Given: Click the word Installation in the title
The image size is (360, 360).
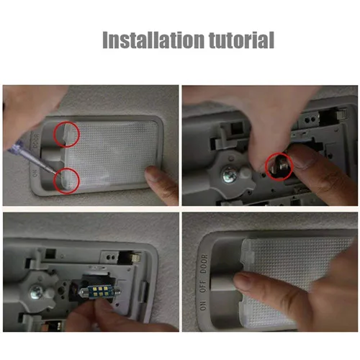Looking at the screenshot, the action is coord(153,40).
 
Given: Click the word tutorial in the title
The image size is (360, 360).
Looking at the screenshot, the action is coord(241,40).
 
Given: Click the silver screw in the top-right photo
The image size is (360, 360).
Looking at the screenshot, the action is coord(230,174).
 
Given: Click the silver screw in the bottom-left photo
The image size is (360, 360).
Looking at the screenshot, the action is coord(37,292).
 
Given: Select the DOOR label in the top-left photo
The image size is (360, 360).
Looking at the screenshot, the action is coord(36,141).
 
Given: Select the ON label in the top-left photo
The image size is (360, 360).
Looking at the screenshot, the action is coord(35,173).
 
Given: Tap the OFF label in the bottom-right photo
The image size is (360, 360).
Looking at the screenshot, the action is coord(203,286).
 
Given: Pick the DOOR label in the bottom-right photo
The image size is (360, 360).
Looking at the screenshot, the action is coord(204,264).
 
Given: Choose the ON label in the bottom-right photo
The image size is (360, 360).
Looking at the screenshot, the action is coord(203,305).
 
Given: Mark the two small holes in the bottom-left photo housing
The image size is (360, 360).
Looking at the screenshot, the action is coord(110,258).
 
